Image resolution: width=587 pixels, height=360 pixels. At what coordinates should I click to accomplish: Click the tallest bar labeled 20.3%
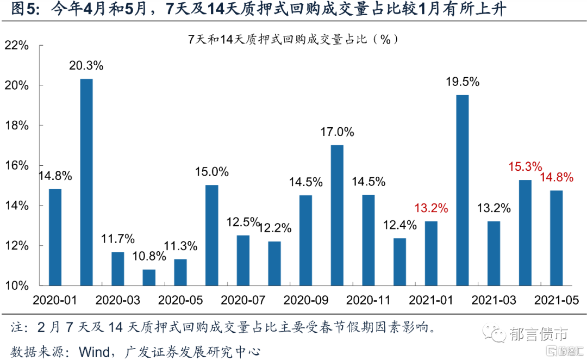tap(86, 182)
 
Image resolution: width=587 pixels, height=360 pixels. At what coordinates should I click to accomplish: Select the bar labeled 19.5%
tap(463, 190)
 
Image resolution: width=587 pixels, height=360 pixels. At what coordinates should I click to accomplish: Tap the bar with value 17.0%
tap(337, 215)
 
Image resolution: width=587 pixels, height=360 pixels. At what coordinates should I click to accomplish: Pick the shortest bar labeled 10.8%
tap(149, 277)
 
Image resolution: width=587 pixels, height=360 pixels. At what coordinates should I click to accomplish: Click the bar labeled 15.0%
tap(211, 235)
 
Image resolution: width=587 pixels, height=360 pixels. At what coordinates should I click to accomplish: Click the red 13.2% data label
tap(431, 208)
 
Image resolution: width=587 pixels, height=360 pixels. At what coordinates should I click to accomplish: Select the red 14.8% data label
tap(557, 177)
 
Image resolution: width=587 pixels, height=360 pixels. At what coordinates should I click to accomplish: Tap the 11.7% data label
tap(118, 239)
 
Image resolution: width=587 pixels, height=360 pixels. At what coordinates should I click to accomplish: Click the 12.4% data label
tap(399, 225)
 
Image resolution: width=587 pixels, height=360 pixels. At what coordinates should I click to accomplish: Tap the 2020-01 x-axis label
tap(55, 300)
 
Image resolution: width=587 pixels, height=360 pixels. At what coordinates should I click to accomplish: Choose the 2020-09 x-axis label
tap(306, 300)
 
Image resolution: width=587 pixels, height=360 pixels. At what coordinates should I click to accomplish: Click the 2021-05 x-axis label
tap(557, 300)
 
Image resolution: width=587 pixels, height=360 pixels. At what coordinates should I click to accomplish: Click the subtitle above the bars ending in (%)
tap(293, 39)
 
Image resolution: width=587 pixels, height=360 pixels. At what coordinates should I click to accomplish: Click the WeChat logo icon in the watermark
tap(496, 333)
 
